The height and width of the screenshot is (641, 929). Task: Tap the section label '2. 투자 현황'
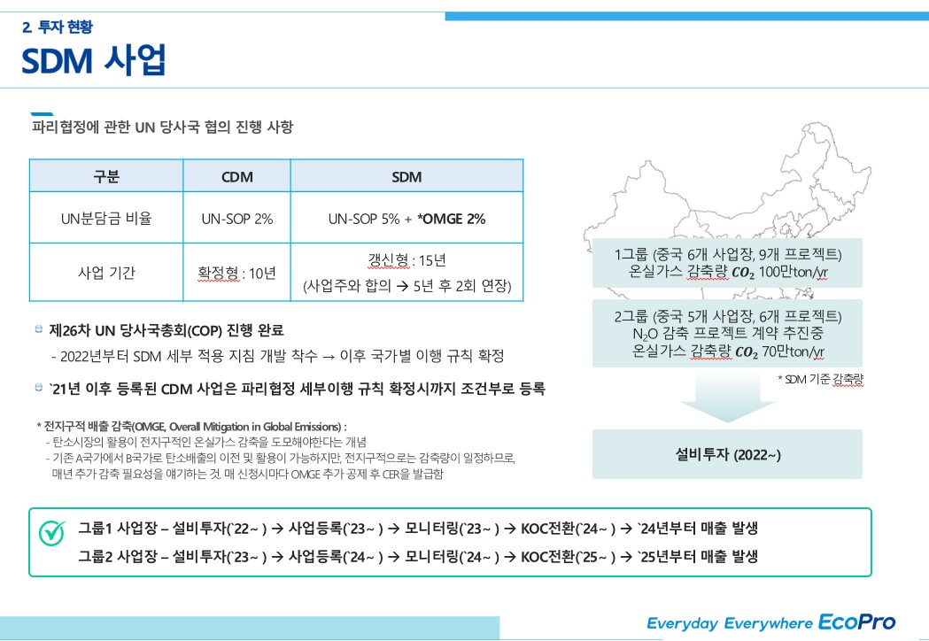[x=57, y=27]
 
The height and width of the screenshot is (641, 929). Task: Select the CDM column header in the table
[x=236, y=176]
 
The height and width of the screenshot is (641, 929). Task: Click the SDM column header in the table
[x=406, y=176]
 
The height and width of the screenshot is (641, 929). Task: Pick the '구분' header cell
[x=106, y=176]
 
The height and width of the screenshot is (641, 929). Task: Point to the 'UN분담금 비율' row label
[x=106, y=219]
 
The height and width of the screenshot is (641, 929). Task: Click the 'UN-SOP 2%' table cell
[x=236, y=219]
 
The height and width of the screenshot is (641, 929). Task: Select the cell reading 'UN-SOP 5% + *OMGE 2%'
[x=406, y=219]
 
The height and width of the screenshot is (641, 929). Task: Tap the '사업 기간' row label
[x=106, y=273]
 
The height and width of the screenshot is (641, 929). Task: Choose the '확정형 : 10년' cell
[x=236, y=273]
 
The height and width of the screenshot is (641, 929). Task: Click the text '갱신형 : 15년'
[x=406, y=260]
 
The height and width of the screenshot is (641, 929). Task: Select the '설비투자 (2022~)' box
[x=727, y=454]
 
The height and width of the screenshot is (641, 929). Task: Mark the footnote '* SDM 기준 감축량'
[x=820, y=379]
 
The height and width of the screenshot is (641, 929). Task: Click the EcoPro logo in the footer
[x=856, y=622]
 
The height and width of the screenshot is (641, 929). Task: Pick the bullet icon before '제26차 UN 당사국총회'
[x=38, y=329]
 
